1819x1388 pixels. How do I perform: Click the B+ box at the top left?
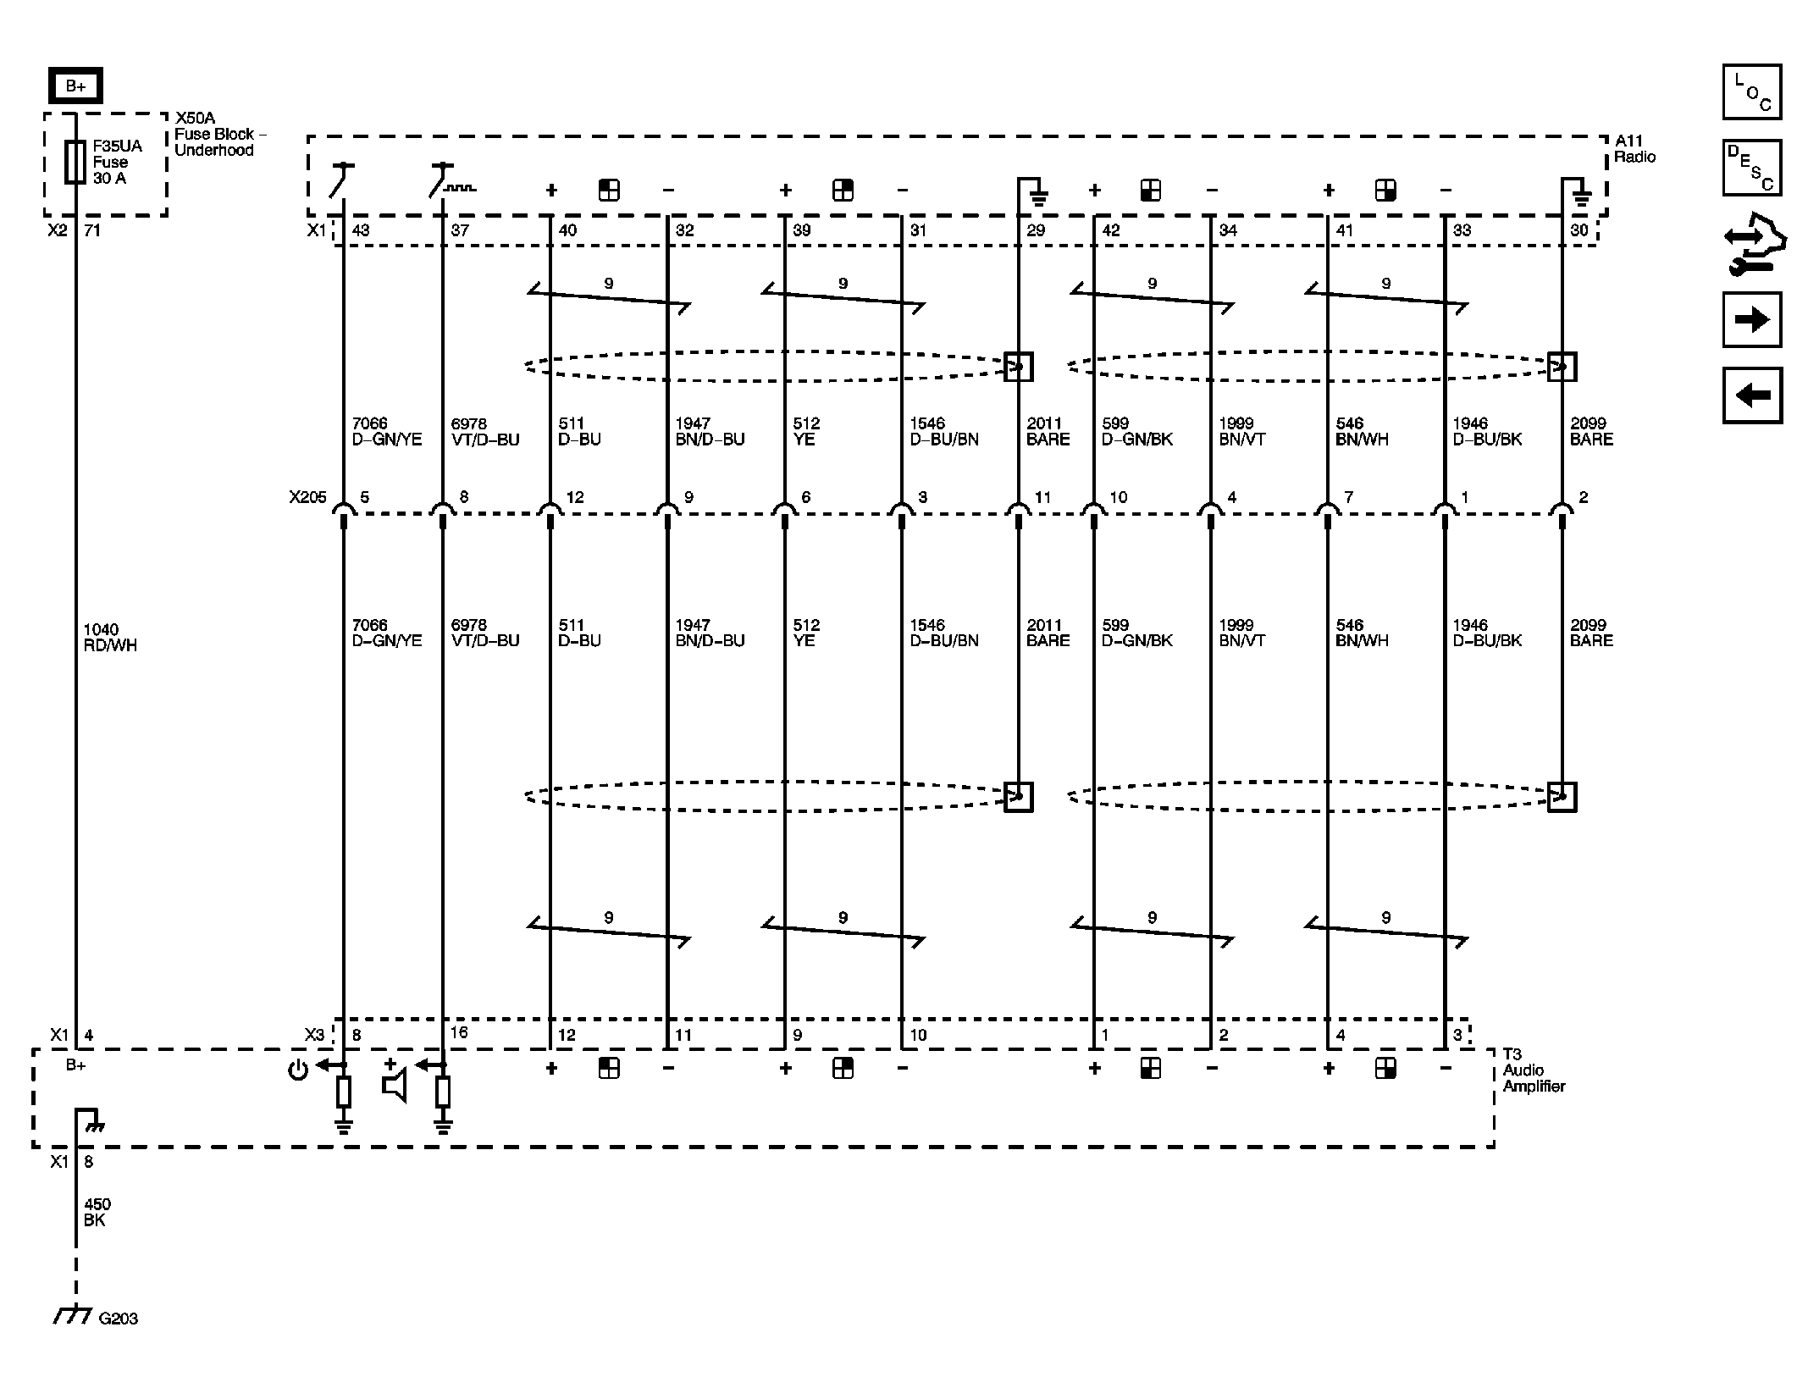[x=75, y=86]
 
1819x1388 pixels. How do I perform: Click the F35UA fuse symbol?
[x=75, y=162]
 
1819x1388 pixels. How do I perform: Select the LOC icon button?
[x=1751, y=92]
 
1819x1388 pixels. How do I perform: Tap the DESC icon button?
[x=1751, y=168]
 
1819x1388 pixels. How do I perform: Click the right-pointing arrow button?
[x=1751, y=320]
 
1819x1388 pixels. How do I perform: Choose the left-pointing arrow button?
[x=1751, y=395]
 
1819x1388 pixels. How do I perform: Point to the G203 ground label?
[x=118, y=1319]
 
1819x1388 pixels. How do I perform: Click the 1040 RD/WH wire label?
[x=109, y=638]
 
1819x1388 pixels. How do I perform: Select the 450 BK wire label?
[x=97, y=1212]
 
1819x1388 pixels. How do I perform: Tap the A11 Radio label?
[x=1634, y=149]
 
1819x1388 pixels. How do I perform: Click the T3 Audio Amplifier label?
[x=1534, y=1070]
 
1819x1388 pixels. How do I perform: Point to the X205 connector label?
[x=307, y=497]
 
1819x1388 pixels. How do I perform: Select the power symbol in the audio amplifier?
[x=297, y=1070]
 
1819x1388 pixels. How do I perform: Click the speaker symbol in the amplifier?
[x=395, y=1085]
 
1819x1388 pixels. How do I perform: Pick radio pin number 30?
[x=1579, y=230]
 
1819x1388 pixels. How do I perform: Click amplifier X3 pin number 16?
[x=459, y=1032]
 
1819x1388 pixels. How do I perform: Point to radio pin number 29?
[x=1036, y=230]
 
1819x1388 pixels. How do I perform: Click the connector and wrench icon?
[x=1751, y=244]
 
